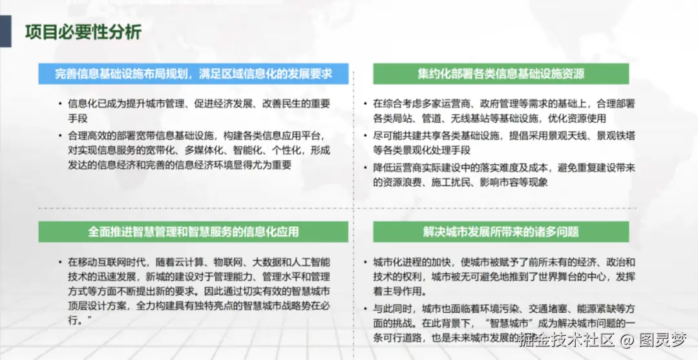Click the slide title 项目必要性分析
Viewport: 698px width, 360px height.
[x=83, y=32]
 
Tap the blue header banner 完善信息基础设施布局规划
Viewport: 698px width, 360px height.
[x=193, y=74]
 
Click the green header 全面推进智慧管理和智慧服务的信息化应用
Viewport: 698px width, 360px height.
[x=193, y=231]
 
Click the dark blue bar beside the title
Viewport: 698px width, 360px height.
[x=5, y=32]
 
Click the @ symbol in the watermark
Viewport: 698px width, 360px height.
[x=626, y=339]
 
